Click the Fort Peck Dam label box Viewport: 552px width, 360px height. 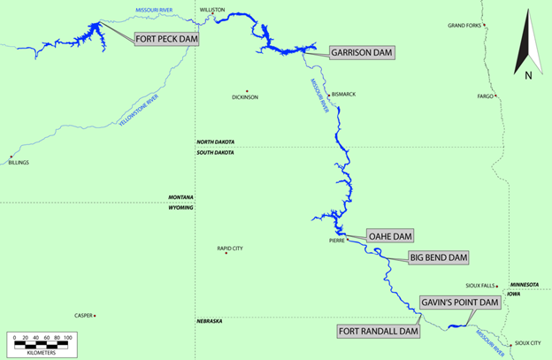click(x=165, y=39)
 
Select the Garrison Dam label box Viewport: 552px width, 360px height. click(x=362, y=52)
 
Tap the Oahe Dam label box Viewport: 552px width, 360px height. click(x=390, y=236)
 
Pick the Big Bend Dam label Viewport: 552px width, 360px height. click(x=438, y=257)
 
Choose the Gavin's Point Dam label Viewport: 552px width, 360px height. click(x=460, y=303)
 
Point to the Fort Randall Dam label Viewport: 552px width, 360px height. click(x=378, y=332)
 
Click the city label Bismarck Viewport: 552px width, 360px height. click(x=342, y=95)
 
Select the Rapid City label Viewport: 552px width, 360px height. click(x=230, y=249)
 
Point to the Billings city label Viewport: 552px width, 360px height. click(x=19, y=163)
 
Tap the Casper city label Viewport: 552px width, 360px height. click(x=83, y=315)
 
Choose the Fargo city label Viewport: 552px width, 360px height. click(x=486, y=96)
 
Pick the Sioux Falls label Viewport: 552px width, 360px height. click(x=480, y=286)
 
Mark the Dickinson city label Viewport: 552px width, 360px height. click(x=245, y=97)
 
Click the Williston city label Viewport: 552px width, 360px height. click(x=213, y=10)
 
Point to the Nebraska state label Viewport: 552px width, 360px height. click(x=209, y=321)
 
